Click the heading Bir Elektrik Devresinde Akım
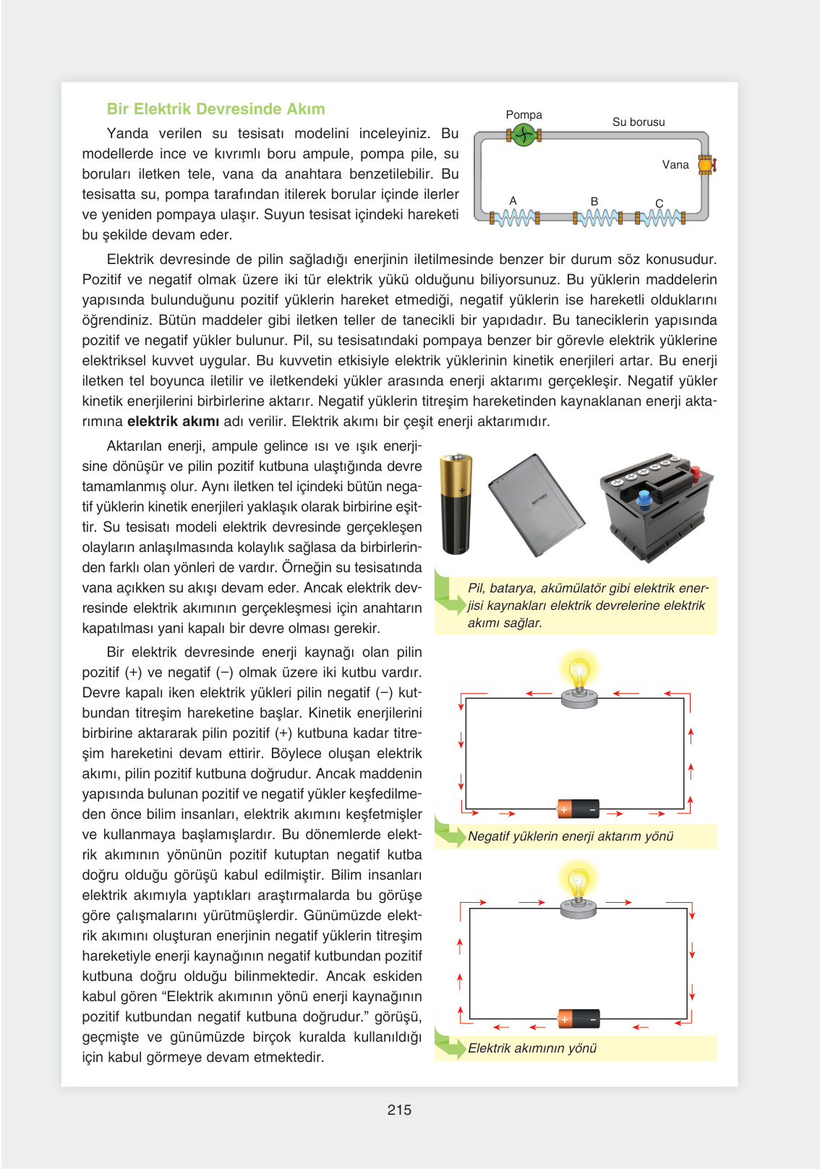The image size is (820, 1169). click(x=215, y=109)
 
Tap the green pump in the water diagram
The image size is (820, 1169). click(x=524, y=135)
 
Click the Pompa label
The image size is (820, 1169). click(x=524, y=115)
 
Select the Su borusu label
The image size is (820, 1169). click(x=638, y=122)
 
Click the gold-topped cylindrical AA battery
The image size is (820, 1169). click(x=456, y=503)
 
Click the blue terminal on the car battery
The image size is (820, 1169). click(x=644, y=499)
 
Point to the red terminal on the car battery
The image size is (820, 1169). click(x=695, y=474)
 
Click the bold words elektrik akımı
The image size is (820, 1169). click(x=173, y=422)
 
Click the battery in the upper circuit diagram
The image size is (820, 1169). click(x=578, y=809)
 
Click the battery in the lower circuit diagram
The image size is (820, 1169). click(x=578, y=1019)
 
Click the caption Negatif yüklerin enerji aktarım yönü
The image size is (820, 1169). click(x=570, y=836)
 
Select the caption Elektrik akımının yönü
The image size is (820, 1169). click(x=531, y=1048)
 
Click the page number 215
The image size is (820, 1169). click(x=399, y=1110)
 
